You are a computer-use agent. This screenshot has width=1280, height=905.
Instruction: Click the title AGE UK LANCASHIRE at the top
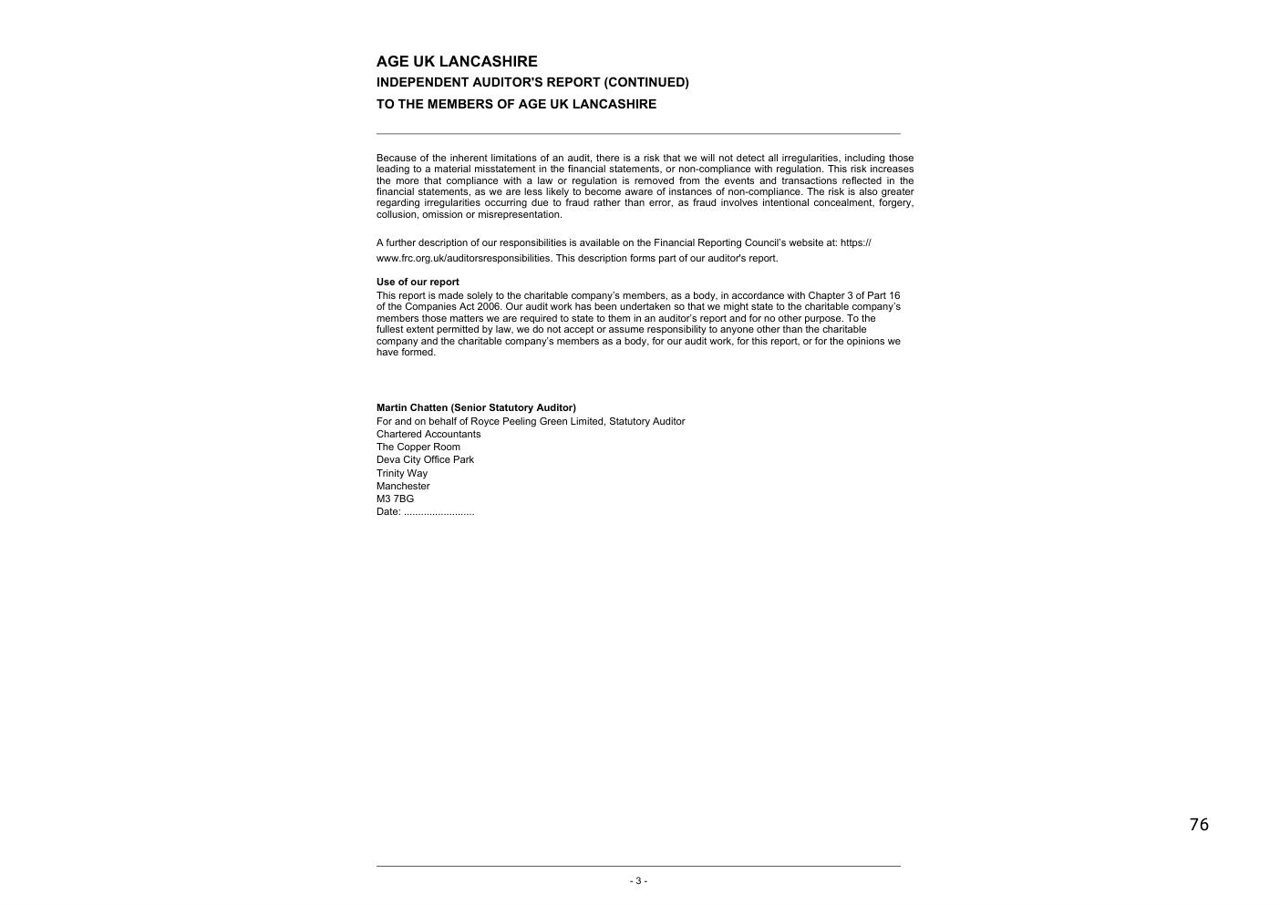(x=457, y=61)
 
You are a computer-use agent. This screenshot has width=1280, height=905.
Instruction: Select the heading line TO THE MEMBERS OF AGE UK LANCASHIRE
(x=516, y=104)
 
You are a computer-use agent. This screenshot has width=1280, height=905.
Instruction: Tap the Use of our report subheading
(x=418, y=282)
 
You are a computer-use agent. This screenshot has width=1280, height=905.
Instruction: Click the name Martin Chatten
(x=412, y=407)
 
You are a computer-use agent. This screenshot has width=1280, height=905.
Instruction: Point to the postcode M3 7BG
(x=395, y=499)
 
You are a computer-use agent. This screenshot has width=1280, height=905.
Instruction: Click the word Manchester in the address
(x=403, y=486)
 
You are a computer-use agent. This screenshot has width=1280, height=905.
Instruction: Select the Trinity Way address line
(x=402, y=473)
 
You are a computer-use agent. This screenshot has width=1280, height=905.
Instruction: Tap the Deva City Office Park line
(x=425, y=459)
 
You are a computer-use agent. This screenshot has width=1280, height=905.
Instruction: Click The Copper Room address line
(x=418, y=447)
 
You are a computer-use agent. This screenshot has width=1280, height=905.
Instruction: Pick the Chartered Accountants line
(x=428, y=434)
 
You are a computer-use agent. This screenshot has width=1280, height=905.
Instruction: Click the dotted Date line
(x=426, y=511)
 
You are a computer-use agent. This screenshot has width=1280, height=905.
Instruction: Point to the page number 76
(x=1199, y=825)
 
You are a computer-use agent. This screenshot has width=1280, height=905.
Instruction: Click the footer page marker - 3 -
(x=638, y=880)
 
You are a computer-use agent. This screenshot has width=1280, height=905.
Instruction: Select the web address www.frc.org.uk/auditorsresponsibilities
(x=463, y=258)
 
